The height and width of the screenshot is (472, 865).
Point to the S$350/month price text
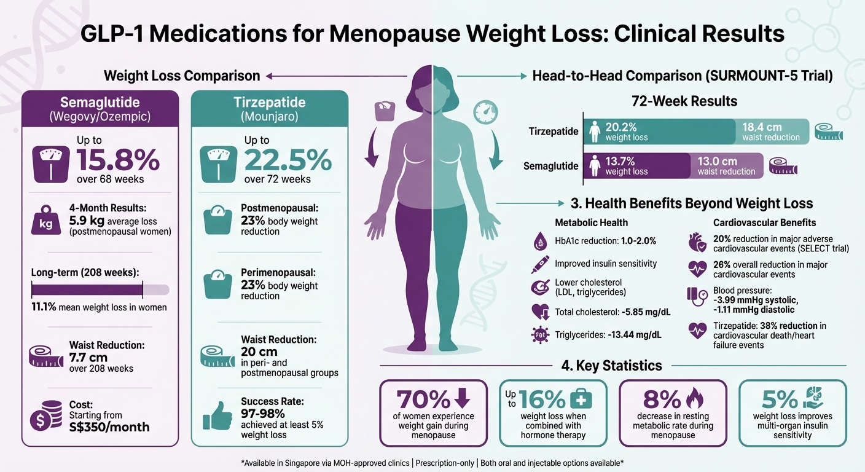109,427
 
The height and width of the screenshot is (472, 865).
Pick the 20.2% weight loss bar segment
659,132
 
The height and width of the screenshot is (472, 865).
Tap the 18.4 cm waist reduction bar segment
772,132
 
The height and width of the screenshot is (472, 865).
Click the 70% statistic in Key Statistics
423,399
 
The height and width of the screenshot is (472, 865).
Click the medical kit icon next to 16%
581,399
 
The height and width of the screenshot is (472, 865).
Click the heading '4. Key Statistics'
611,366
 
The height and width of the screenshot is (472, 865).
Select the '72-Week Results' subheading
684,101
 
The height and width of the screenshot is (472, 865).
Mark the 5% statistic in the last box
779,399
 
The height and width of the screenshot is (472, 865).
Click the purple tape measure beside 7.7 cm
46,356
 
